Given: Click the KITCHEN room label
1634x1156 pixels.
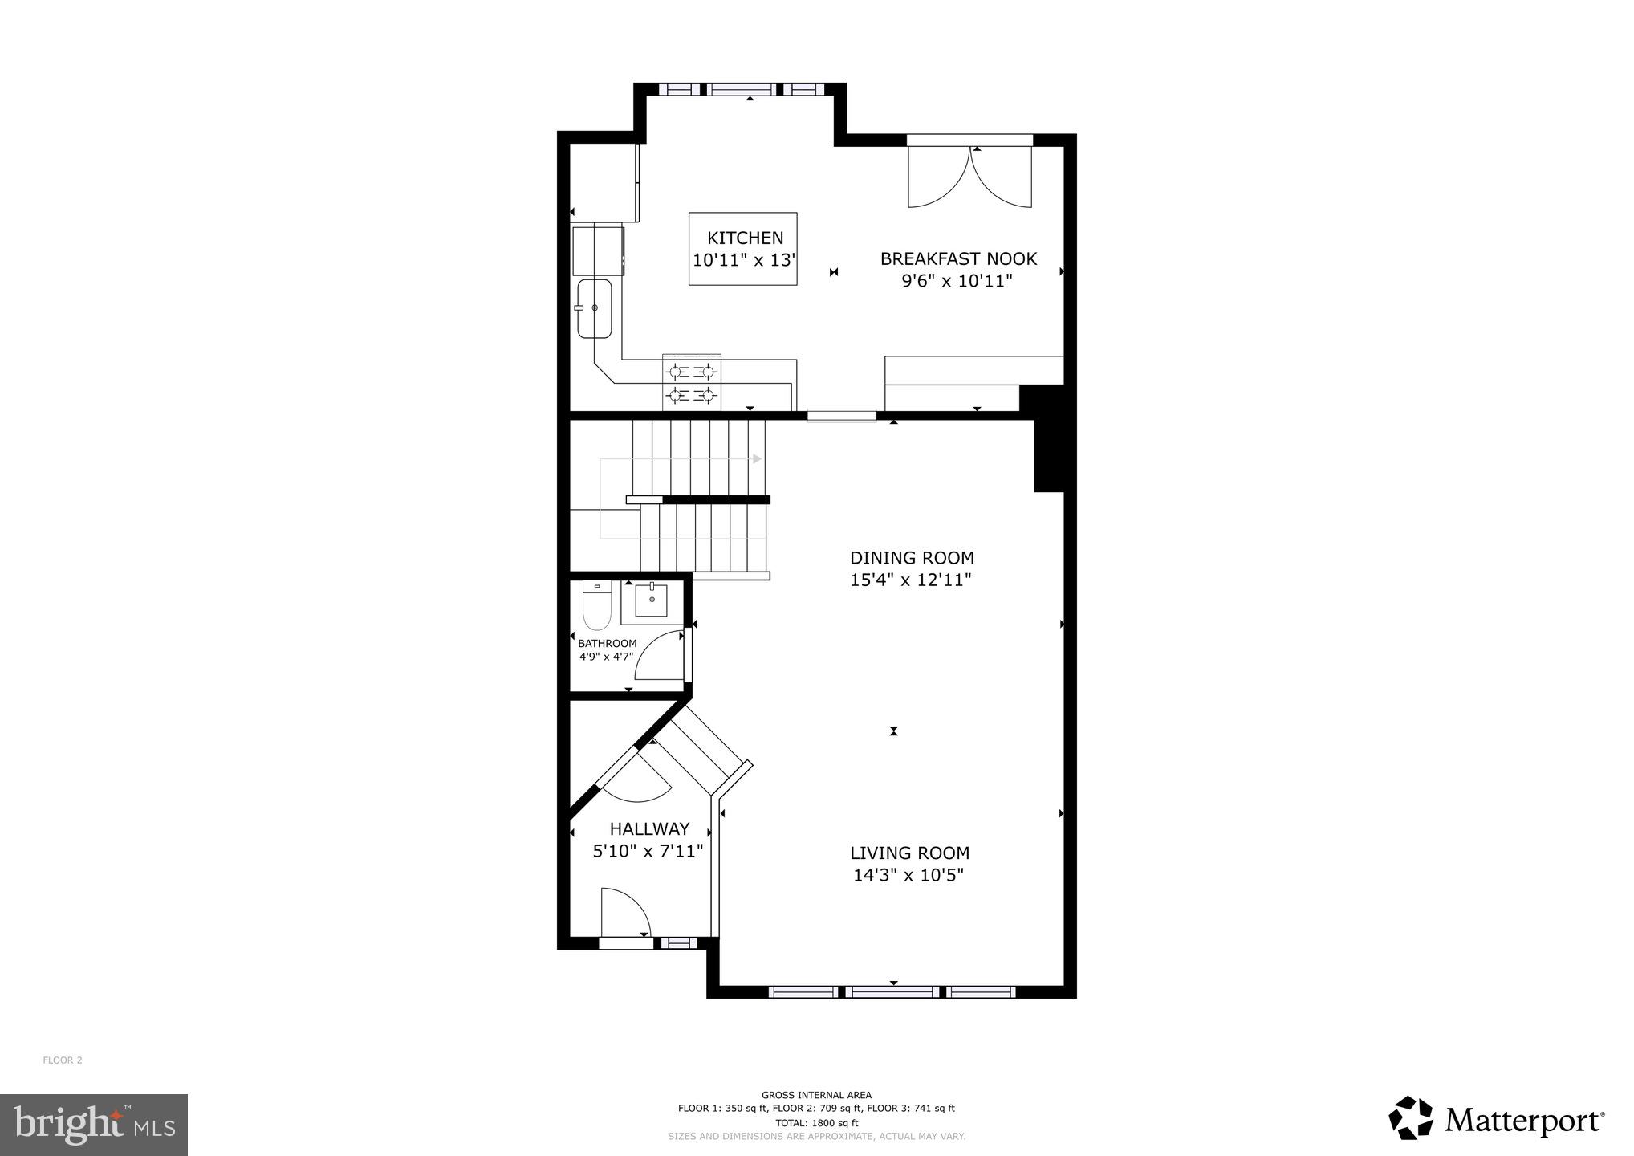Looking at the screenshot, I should pyautogui.click(x=745, y=238).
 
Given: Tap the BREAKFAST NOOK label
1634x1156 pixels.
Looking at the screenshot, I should pyautogui.click(x=958, y=258).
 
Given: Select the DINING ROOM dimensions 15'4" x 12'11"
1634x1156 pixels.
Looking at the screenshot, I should pyautogui.click(x=911, y=580).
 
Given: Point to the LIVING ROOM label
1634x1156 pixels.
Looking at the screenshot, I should pyautogui.click(x=909, y=853).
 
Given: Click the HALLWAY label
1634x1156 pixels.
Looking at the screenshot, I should pyautogui.click(x=649, y=828).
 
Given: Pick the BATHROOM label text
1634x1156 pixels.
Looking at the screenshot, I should pyautogui.click(x=607, y=643).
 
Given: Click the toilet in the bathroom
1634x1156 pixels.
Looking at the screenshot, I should pyautogui.click(x=596, y=607).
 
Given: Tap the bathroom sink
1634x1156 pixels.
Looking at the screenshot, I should pyautogui.click(x=651, y=600).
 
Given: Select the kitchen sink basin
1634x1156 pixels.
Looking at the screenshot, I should pyautogui.click(x=595, y=308).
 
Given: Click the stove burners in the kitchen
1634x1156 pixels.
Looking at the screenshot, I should pyautogui.click(x=691, y=383).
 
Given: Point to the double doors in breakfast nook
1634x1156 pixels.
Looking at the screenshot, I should pyautogui.click(x=969, y=178).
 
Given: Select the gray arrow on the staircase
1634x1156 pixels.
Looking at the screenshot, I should pyautogui.click(x=755, y=459).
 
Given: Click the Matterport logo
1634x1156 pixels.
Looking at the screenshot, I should pyautogui.click(x=1496, y=1117).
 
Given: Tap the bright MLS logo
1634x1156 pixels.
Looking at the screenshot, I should pyautogui.click(x=93, y=1125).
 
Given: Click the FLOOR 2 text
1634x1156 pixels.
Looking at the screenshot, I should pyautogui.click(x=63, y=1060).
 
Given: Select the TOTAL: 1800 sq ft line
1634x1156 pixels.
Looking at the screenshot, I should pyautogui.click(x=816, y=1122).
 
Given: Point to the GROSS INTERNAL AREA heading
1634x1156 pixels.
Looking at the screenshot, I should pyautogui.click(x=816, y=1094).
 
